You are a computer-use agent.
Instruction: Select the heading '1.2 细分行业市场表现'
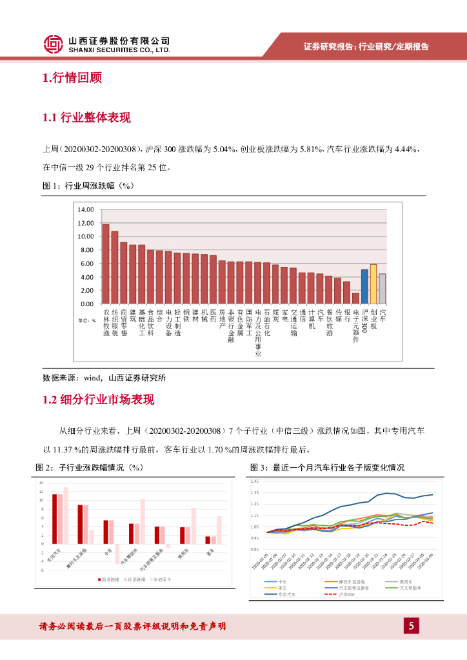[98, 400]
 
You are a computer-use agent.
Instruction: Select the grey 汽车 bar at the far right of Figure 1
[383, 288]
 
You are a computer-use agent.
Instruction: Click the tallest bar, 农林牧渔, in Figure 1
[106, 264]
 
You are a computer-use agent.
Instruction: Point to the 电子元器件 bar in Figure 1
[355, 298]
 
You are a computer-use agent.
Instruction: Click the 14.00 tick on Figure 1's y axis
[85, 209]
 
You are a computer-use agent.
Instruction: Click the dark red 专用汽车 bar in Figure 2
[55, 515]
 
